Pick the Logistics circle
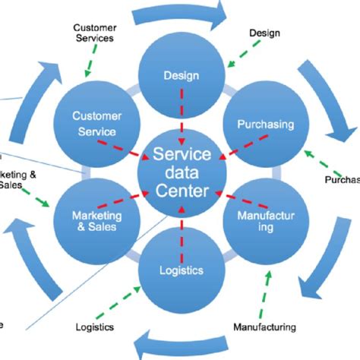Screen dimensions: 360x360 (x=179, y=269)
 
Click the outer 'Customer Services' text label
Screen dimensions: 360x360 (x=94, y=33)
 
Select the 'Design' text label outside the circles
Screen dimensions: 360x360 (x=264, y=33)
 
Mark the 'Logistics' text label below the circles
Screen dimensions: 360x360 (x=95, y=327)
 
